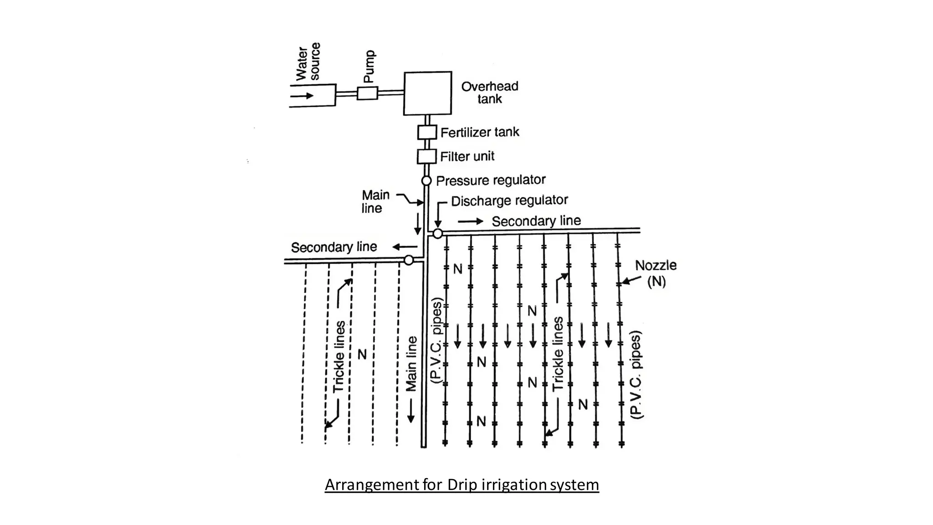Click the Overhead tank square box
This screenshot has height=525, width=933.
427,93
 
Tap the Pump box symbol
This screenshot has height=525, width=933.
367,93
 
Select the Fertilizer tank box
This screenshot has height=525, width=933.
427,133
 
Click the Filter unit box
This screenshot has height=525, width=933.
427,156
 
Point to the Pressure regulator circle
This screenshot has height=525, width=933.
426,181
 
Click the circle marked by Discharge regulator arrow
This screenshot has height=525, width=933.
437,234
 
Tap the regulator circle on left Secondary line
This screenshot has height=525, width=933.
409,260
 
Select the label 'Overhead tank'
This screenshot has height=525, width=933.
490,93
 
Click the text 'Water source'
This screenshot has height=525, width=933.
308,62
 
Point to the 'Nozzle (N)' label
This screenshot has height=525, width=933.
656,273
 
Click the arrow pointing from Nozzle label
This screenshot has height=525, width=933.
631,280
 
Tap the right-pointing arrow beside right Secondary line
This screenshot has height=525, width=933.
471,221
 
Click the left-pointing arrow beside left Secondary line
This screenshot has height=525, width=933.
405,247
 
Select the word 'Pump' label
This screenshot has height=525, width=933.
369,66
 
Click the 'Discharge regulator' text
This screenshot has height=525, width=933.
509,201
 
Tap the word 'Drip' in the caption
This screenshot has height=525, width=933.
461,484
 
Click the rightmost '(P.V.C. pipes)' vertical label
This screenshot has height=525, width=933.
636,375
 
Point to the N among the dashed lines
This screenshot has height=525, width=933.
362,354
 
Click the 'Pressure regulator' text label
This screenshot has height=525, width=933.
491,180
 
